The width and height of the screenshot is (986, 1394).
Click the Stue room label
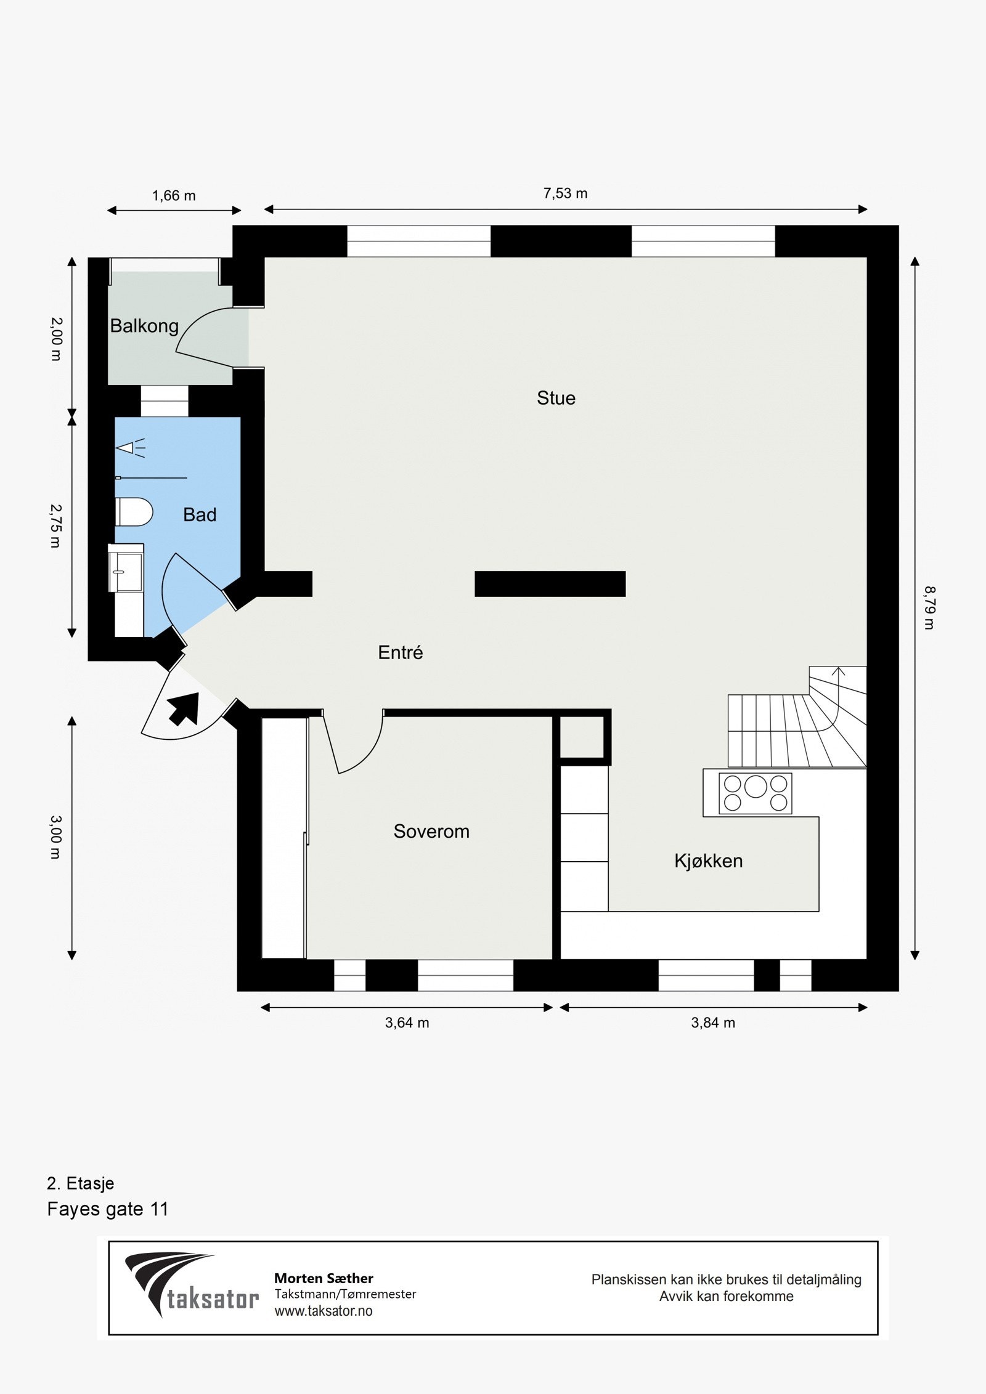pyautogui.click(x=556, y=398)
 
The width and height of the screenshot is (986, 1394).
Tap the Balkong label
pyautogui.click(x=144, y=326)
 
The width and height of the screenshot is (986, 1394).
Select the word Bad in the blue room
pyautogui.click(x=200, y=514)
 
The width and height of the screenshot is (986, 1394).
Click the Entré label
pyautogui.click(x=401, y=652)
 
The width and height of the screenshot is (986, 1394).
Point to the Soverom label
pyautogui.click(x=431, y=832)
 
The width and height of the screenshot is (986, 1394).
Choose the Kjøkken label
pyautogui.click(x=708, y=861)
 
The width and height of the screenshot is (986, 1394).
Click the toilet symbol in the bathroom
pyautogui.click(x=134, y=512)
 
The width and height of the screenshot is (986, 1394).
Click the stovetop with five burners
pyautogui.click(x=756, y=793)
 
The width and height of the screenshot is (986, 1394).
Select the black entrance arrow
pyautogui.click(x=185, y=708)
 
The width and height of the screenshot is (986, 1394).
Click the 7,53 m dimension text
pyautogui.click(x=565, y=193)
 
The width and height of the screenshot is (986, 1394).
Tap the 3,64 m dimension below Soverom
pyautogui.click(x=407, y=1023)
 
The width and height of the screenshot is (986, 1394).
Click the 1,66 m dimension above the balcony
pyautogui.click(x=174, y=196)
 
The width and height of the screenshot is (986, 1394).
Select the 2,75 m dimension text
pyautogui.click(x=55, y=526)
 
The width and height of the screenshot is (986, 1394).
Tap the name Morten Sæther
pyautogui.click(x=324, y=1278)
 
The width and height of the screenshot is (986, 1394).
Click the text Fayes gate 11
pyautogui.click(x=107, y=1209)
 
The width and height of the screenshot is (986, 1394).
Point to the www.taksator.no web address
pyautogui.click(x=323, y=1311)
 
